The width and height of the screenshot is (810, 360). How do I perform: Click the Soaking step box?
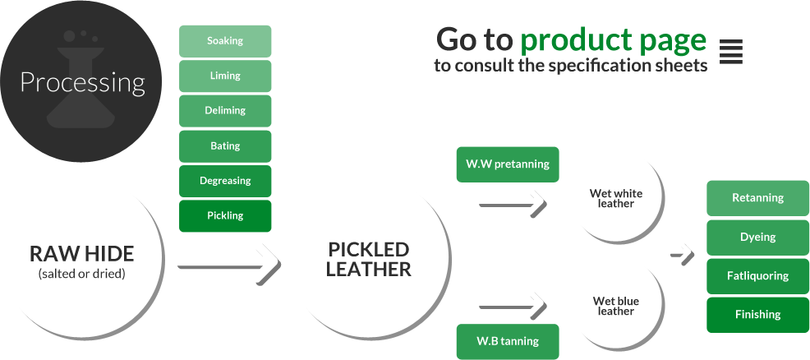point(225,41)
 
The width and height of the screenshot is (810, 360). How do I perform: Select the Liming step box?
point(225,76)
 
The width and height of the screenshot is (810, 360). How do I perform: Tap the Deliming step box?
point(225,110)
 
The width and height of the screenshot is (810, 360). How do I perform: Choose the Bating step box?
point(225,146)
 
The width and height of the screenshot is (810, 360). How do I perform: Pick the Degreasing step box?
point(225,181)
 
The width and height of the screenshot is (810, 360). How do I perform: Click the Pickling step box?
point(225,216)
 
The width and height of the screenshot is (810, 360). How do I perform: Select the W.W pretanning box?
point(508,164)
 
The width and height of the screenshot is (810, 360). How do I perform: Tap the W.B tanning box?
point(508,341)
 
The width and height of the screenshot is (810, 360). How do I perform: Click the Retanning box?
point(757,198)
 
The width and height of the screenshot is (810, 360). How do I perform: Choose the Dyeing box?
point(757,238)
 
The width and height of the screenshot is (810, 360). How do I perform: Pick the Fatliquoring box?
point(757,276)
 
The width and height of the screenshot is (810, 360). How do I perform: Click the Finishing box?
point(757,315)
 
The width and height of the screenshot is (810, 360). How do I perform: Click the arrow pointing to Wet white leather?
point(513,205)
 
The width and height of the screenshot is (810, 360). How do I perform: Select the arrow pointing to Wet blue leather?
point(513,307)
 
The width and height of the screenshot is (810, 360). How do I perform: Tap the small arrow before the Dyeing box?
point(683,254)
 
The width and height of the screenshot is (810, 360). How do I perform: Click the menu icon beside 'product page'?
point(731,52)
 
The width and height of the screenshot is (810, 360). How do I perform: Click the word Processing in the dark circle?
point(83,83)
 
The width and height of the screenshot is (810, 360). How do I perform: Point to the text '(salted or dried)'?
point(81,274)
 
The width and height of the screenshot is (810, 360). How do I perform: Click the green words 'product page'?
point(613,40)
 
